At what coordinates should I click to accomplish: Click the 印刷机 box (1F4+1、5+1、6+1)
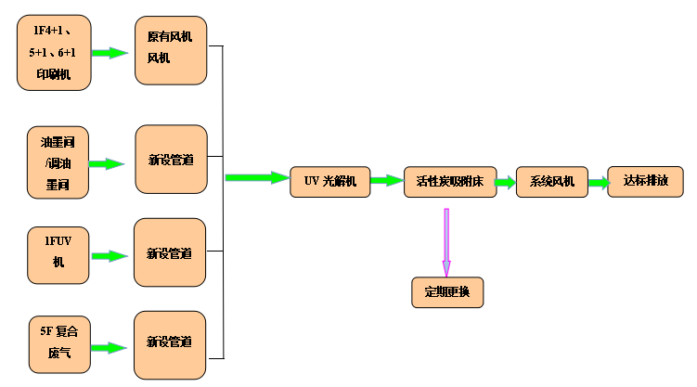(55, 53)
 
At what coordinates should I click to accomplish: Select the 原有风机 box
(171, 52)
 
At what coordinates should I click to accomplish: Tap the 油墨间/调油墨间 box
(58, 163)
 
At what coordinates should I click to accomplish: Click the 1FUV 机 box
(58, 252)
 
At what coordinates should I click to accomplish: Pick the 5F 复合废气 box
(59, 345)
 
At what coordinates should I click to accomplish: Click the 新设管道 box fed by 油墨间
(171, 160)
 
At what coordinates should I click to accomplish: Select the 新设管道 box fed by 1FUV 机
(171, 252)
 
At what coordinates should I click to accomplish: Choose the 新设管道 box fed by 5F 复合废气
(171, 344)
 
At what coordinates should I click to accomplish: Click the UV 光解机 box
(330, 180)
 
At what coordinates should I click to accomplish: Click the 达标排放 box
(645, 180)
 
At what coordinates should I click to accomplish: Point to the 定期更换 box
(447, 292)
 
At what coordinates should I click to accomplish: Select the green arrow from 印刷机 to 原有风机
(110, 53)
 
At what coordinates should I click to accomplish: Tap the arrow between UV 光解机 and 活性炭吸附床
(387, 183)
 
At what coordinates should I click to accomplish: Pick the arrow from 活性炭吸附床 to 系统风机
(506, 183)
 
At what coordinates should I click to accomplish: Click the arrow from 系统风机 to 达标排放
(598, 183)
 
